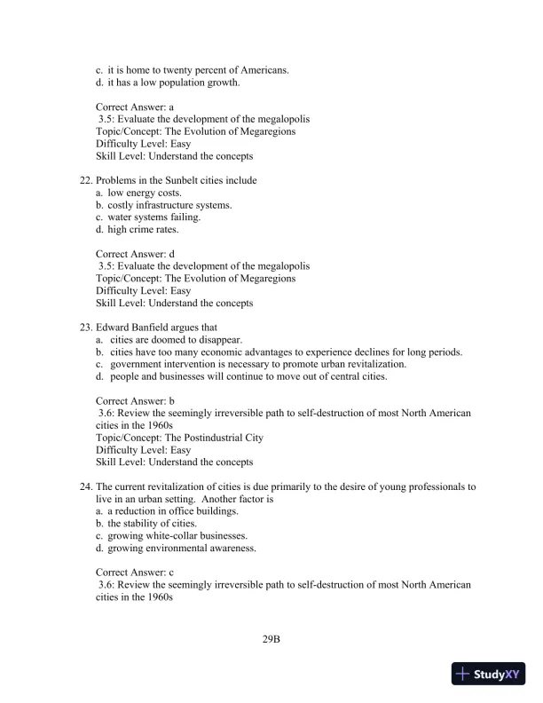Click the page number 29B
point(271,638)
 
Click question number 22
point(86,180)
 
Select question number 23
point(86,327)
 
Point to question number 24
point(86,486)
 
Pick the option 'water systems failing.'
point(153,217)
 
